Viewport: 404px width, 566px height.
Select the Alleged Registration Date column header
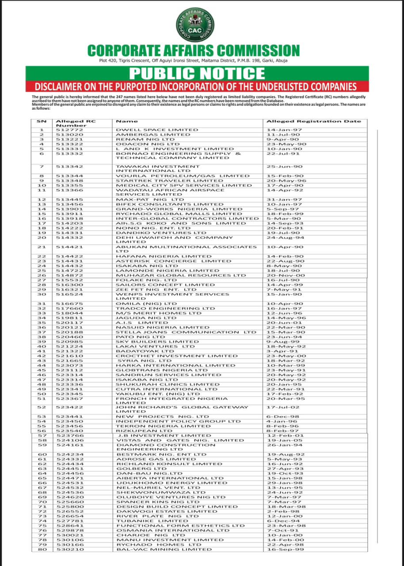click(313, 121)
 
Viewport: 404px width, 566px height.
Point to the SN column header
click(42, 121)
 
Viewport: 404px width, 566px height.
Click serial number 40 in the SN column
click(42, 346)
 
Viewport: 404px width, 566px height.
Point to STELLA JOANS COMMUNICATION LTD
click(186, 332)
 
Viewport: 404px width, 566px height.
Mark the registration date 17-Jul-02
click(279, 407)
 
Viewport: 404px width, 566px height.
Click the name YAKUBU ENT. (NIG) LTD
click(158, 394)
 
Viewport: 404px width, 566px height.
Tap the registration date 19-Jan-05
click(279, 440)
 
